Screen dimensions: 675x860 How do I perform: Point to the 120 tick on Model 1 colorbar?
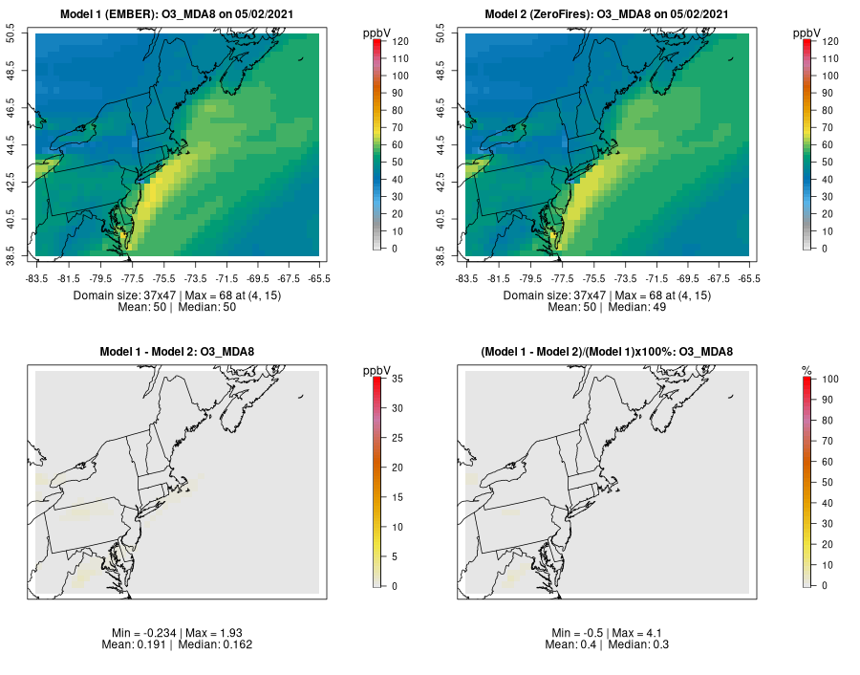pyautogui.click(x=399, y=42)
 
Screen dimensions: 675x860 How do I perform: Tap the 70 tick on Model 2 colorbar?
pyautogui.click(x=828, y=128)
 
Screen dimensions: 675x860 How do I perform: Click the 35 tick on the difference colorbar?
pyautogui.click(x=399, y=380)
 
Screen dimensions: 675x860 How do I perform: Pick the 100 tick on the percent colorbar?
pyautogui.click(x=830, y=380)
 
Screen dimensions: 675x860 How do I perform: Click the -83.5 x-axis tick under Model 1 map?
pyautogui.click(x=36, y=279)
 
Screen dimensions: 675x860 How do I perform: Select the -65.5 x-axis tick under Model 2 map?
pyautogui.click(x=749, y=279)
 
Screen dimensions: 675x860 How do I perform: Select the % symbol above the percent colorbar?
pyautogui.click(x=806, y=370)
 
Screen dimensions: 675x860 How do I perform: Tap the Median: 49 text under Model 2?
pyautogui.click(x=637, y=307)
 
